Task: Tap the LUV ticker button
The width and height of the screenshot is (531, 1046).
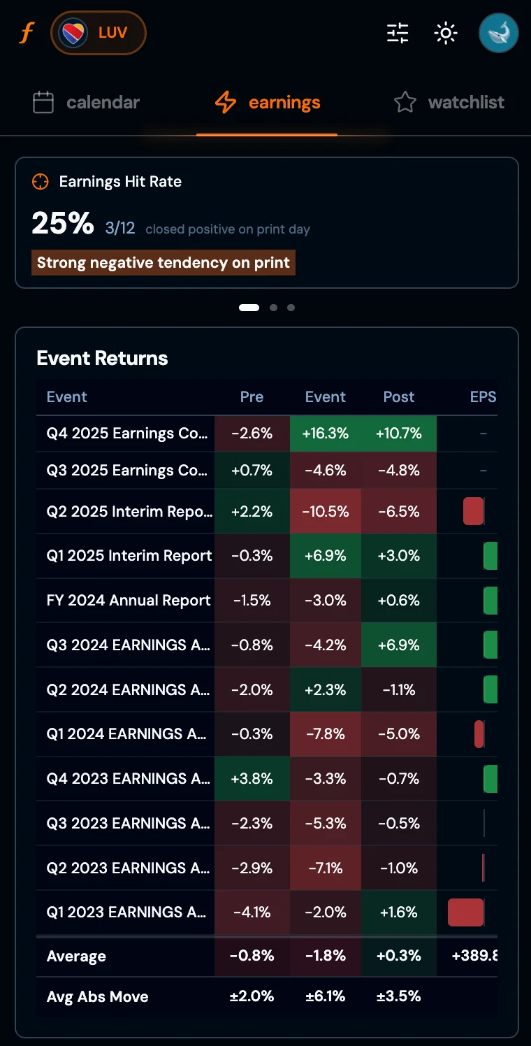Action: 99,33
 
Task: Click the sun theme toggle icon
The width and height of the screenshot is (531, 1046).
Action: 445,33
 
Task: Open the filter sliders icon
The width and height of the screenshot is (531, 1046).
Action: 398,33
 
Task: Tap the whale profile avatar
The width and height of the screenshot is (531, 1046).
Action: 498,33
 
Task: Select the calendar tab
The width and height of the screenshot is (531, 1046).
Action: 87,103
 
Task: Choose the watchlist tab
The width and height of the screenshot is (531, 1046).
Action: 449,103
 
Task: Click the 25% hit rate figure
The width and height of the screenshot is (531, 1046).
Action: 63,223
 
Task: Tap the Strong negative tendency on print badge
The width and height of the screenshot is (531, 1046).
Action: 163,263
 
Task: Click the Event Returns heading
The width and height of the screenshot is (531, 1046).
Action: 102,358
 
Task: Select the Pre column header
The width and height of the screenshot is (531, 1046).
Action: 252,396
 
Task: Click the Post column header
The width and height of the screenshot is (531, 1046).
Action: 399,396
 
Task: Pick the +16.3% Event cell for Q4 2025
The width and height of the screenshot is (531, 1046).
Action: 325,434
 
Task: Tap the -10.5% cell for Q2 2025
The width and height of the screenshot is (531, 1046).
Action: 325,511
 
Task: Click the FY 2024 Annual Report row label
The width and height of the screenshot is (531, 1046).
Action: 129,601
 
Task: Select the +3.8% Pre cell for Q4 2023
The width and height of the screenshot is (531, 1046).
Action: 252,778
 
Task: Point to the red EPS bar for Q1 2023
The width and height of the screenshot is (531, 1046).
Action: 466,912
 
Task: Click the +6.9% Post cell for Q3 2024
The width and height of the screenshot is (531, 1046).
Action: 399,645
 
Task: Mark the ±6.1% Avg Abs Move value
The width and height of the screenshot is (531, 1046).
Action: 325,996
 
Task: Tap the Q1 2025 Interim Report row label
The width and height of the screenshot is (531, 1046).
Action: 129,556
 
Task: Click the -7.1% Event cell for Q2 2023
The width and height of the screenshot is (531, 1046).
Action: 325,868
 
